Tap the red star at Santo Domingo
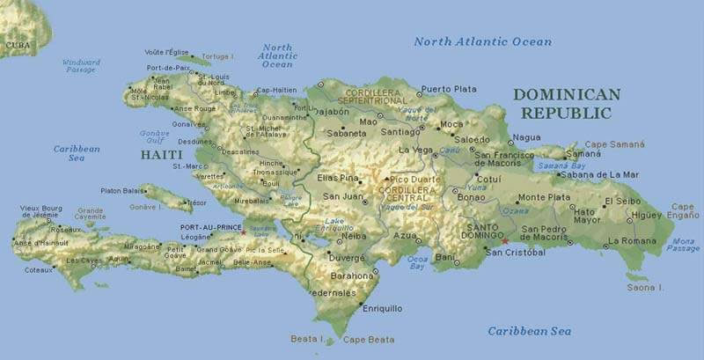coord(505,241)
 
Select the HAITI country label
coord(162,155)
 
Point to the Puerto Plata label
coord(449,89)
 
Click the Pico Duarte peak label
coord(414,179)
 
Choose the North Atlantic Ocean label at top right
coord(482,41)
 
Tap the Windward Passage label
coord(81,66)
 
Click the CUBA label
coord(17,44)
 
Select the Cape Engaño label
coord(683,210)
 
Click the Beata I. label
coord(308,338)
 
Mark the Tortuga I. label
coord(217,56)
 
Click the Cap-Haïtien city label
coord(275,91)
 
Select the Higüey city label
coord(646,215)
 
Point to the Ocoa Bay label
coord(417,262)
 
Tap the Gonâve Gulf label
coord(154,136)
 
